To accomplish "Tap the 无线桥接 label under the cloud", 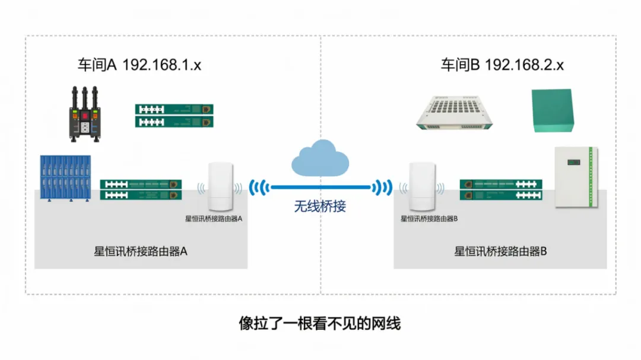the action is pyautogui.click(x=320, y=206).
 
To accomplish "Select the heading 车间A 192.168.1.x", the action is pyautogui.click(x=139, y=65).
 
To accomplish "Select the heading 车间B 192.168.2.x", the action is pyautogui.click(x=502, y=65).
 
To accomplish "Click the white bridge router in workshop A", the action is pyautogui.click(x=221, y=186).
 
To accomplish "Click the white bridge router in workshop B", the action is pyautogui.click(x=423, y=186).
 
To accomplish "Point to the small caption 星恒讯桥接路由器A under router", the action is pyautogui.click(x=214, y=219).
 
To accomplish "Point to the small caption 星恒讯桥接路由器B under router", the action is pyautogui.click(x=429, y=219).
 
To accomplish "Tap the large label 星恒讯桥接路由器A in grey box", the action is pyautogui.click(x=141, y=251).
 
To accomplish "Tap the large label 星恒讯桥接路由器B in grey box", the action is pyautogui.click(x=500, y=251).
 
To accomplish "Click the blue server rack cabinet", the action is pyautogui.click(x=65, y=178).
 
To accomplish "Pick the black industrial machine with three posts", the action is pyautogui.click(x=85, y=114).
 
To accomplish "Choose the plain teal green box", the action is pyautogui.click(x=553, y=110).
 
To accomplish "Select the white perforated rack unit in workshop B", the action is pyautogui.click(x=454, y=112).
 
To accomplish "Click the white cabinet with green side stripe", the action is pyautogui.click(x=576, y=177).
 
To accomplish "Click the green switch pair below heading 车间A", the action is pyautogui.click(x=174, y=116).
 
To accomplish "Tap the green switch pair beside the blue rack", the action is pyautogui.click(x=141, y=190).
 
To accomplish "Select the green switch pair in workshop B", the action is pyautogui.click(x=501, y=190).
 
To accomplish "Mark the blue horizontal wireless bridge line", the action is pyautogui.click(x=320, y=187).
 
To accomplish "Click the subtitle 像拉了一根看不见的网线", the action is pyautogui.click(x=320, y=323).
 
